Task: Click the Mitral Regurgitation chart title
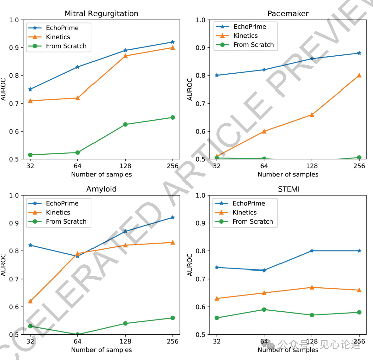click(102, 13)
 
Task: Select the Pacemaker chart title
click(288, 13)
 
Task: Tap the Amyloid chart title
click(102, 189)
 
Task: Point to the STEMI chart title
click(288, 189)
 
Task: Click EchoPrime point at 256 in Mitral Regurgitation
click(173, 42)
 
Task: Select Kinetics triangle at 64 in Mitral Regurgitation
click(77, 98)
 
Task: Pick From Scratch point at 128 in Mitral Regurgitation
click(125, 124)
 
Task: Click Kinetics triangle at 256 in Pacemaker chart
click(359, 75)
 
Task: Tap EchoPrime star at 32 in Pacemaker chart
click(217, 75)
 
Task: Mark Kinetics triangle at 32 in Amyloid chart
click(30, 301)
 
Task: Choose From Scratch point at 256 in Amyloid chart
click(173, 318)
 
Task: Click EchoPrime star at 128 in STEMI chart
click(312, 250)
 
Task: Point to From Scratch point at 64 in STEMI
click(264, 309)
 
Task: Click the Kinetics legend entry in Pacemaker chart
click(246, 36)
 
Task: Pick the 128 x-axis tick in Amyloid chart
click(125, 341)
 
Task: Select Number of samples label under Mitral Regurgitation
click(102, 174)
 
